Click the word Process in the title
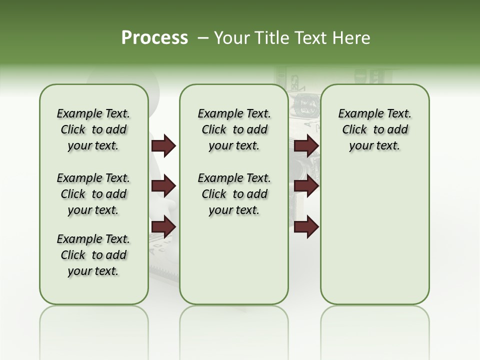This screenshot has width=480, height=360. (x=154, y=38)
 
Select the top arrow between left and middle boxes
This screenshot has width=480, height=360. (x=163, y=146)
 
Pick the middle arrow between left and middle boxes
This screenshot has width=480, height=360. (x=163, y=186)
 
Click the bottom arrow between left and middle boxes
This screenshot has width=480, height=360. (x=163, y=227)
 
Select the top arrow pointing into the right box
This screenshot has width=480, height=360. (x=306, y=146)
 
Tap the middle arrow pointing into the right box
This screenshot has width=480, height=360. (x=306, y=186)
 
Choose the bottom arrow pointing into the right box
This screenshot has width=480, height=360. (x=306, y=227)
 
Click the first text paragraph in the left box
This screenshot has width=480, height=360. (x=93, y=129)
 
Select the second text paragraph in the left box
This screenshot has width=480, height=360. (x=93, y=194)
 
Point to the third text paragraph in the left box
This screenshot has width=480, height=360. (x=93, y=255)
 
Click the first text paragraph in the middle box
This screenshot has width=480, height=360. (x=234, y=129)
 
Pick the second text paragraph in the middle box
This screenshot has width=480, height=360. (x=234, y=194)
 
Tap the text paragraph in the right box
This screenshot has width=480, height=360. (x=375, y=129)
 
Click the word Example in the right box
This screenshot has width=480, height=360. (x=356, y=114)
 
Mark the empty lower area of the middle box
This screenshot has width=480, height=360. (x=234, y=260)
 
